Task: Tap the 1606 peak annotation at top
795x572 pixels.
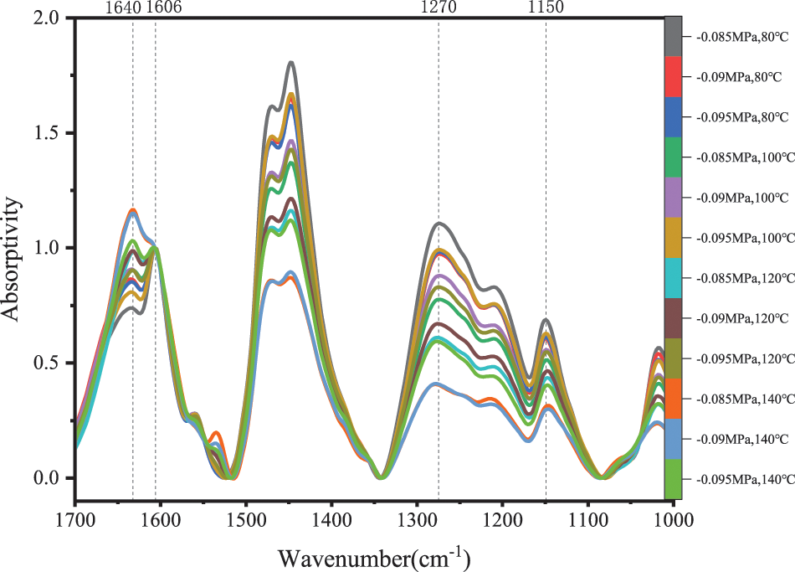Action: pyautogui.click(x=164, y=8)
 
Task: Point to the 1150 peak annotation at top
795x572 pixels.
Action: pyautogui.click(x=546, y=8)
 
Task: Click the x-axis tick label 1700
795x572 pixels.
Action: pyautogui.click(x=75, y=519)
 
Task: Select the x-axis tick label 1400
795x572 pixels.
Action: pyautogui.click(x=331, y=519)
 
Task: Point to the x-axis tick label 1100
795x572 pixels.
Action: pyautogui.click(x=588, y=519)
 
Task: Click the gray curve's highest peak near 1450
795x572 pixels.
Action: pyautogui.click(x=291, y=62)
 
